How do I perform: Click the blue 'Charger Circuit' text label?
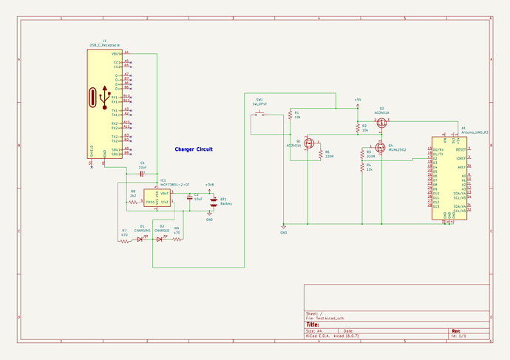[194, 149]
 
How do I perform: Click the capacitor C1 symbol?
[142, 173]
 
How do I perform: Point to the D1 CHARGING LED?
[140, 239]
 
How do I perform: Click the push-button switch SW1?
[259, 113]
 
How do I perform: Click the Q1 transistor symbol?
[310, 142]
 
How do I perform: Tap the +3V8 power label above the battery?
[210, 185]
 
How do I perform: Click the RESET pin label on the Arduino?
[460, 149]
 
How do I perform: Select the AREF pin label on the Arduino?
[462, 167]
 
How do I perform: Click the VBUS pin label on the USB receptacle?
[116, 54]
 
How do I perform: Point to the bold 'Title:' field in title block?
[313, 324]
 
